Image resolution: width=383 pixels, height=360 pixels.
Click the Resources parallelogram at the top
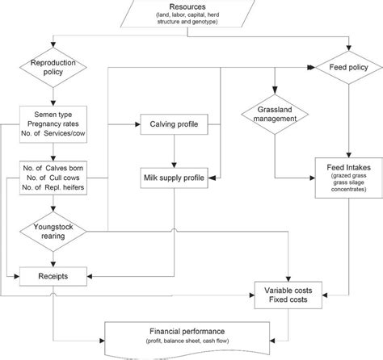click(187, 14)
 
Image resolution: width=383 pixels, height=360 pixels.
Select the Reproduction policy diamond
click(53, 67)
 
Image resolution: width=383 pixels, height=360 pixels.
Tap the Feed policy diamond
click(349, 67)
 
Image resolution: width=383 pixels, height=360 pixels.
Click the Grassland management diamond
click(275, 115)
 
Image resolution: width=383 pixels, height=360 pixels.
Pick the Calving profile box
click(174, 124)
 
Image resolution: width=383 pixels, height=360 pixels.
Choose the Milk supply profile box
click(174, 178)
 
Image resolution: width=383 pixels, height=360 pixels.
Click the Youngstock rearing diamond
click(53, 232)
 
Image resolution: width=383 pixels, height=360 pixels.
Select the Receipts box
click(53, 276)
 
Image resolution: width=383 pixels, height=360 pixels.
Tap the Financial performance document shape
click(187, 340)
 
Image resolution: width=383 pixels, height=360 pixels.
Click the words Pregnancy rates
click(53, 124)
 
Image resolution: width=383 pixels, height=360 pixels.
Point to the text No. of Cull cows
click(53, 178)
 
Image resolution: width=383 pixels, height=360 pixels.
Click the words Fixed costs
click(288, 299)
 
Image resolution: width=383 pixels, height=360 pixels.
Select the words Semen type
click(53, 115)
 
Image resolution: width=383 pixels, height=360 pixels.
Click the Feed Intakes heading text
click(349, 167)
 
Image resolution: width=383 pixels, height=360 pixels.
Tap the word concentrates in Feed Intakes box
click(349, 189)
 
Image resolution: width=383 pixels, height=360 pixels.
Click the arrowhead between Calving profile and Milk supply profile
click(174, 165)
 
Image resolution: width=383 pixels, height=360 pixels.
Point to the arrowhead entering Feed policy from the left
click(311, 68)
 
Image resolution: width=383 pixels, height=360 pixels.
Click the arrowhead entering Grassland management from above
click(275, 90)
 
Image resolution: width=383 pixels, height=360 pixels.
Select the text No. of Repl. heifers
click(53, 187)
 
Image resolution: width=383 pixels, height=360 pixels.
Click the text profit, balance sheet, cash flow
click(187, 341)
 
